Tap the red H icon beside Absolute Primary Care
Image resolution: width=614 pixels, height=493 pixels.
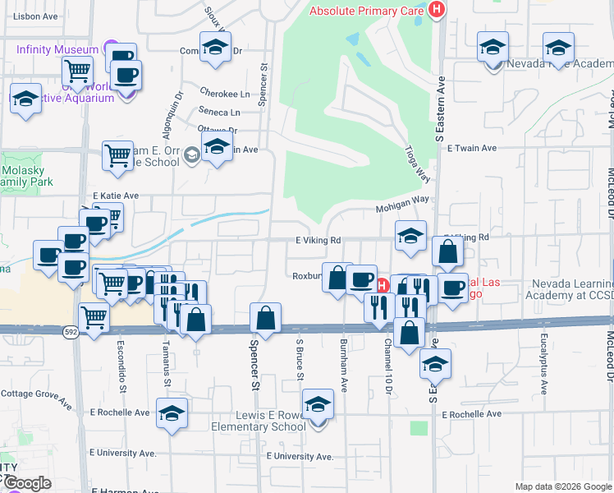(437, 10)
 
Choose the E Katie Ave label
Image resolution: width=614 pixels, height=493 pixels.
(116, 196)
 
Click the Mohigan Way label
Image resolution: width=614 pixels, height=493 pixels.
(403, 200)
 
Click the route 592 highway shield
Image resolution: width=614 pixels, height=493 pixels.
(71, 330)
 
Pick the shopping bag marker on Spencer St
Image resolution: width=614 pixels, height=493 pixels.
(266, 316)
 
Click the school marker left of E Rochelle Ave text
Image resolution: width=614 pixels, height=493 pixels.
(172, 414)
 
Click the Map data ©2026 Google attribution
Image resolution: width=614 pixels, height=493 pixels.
(562, 486)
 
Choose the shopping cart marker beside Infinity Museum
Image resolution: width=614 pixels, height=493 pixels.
(77, 71)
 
